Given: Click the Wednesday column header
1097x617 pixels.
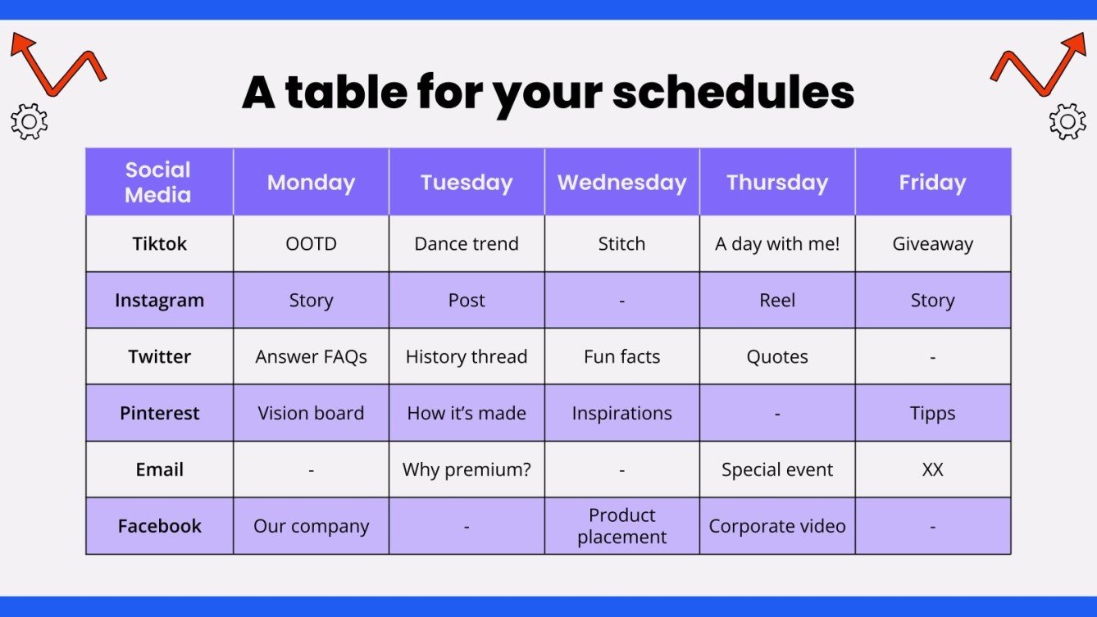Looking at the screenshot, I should point(621,182).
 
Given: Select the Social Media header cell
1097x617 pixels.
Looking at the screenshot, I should point(158,182).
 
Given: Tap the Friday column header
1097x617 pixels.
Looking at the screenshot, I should point(932,182).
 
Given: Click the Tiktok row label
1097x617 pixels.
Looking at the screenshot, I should point(159,243).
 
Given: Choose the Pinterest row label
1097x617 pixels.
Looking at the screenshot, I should point(159,413).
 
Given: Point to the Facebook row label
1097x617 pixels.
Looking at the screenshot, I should point(159,526).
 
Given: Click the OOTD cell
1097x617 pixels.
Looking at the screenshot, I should point(311,243).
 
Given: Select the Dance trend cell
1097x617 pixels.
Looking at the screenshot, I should point(466,243).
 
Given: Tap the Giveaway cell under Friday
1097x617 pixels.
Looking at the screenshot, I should point(932,243).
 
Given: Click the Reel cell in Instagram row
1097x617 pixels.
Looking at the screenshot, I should point(776,300).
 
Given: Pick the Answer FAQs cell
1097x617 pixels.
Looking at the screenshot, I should point(311,356).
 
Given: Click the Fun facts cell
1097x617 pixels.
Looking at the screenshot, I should point(621,356).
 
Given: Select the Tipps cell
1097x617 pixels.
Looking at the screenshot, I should point(932,413).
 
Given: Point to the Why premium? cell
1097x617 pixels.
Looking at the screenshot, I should point(466,470).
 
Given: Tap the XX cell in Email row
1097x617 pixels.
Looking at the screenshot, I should point(932,470).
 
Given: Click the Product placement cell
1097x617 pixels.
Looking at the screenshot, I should point(621,526).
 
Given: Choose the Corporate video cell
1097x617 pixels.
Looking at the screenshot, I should point(776,526).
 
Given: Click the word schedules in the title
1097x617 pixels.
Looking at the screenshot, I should point(733,93).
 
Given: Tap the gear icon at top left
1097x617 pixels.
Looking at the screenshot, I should point(29,122).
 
